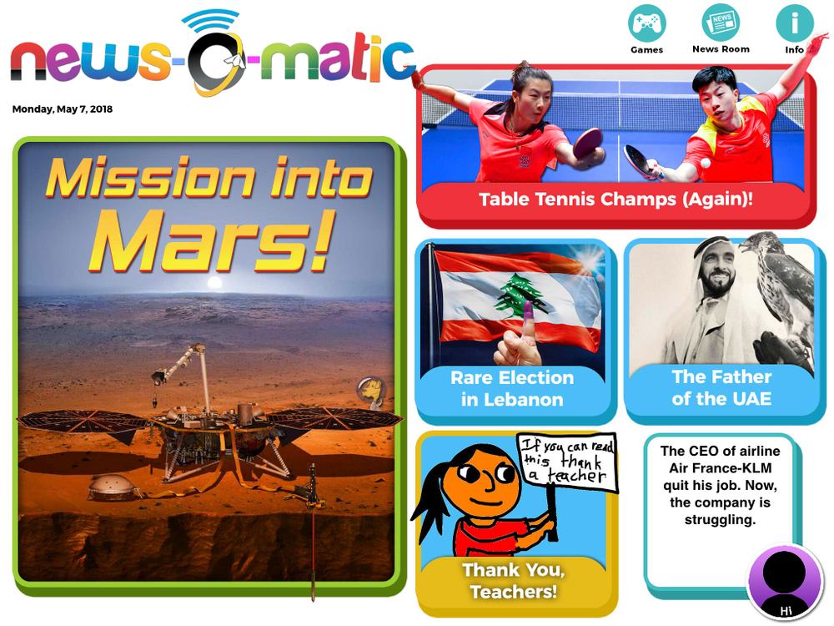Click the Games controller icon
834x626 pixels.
(x=647, y=23)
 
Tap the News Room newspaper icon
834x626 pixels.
(x=721, y=23)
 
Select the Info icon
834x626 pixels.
(x=795, y=23)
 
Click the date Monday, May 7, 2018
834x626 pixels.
(x=63, y=109)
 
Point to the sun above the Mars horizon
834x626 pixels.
(x=214, y=282)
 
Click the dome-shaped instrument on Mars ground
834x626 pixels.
(x=112, y=487)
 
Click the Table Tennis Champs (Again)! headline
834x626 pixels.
(x=616, y=199)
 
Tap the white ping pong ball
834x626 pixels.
(x=706, y=163)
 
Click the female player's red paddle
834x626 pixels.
(x=589, y=143)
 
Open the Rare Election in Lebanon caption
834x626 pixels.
(x=512, y=389)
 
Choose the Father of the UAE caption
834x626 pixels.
(x=721, y=387)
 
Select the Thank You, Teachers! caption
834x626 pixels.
(x=514, y=581)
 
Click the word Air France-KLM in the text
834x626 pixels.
(x=721, y=468)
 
